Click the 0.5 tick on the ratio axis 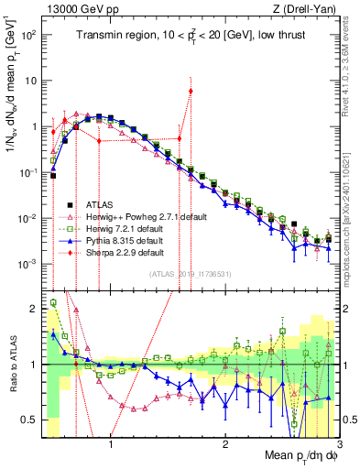pyautogui.click(x=30, y=420)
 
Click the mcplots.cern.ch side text pyautogui.click(x=353, y=202)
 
